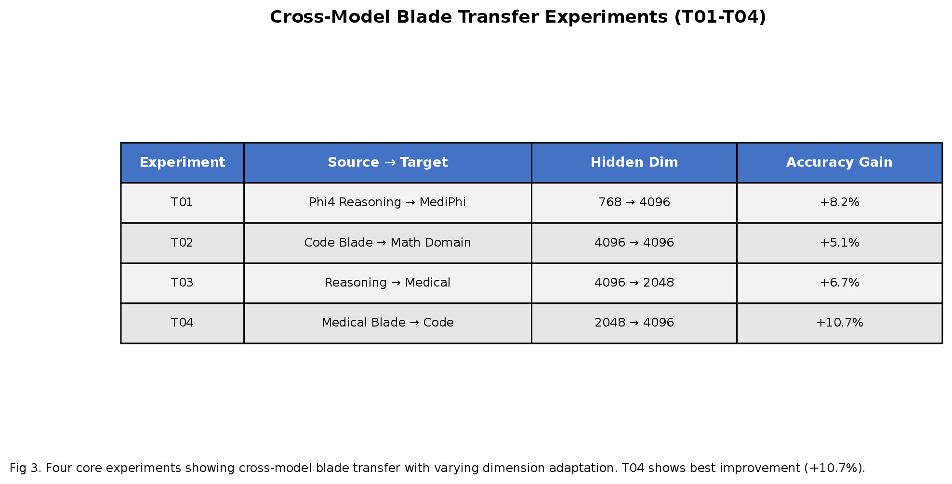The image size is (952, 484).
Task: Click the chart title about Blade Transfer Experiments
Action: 517,17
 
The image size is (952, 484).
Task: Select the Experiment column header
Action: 182,163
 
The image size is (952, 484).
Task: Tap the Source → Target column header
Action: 387,163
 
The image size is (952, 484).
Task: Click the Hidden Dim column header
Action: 634,163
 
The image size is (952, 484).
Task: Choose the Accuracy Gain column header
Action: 839,163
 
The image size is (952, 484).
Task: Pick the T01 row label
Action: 182,203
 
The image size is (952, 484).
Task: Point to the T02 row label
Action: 182,243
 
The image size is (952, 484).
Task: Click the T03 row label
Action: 182,283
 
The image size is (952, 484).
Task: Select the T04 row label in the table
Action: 182,323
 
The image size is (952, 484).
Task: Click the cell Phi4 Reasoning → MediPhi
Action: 387,203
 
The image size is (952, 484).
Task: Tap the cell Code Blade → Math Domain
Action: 387,243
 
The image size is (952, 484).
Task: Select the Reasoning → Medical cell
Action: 387,283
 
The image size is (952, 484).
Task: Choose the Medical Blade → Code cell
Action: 387,323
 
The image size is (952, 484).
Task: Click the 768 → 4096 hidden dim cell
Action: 634,203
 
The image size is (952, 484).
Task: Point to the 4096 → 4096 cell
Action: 634,243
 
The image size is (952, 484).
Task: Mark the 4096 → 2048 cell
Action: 634,283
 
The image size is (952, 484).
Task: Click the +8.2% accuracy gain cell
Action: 839,203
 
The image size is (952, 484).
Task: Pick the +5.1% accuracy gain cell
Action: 839,243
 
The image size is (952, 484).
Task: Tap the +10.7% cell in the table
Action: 839,323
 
